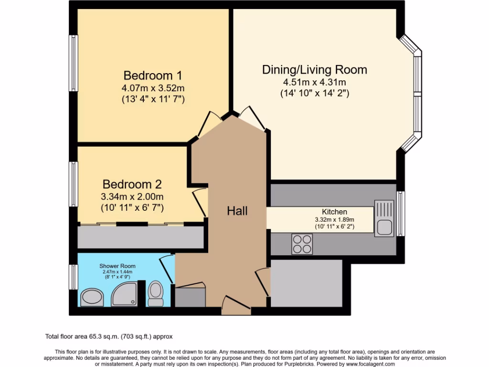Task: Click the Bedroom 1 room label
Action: pyautogui.click(x=153, y=76)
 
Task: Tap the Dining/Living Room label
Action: pyautogui.click(x=314, y=70)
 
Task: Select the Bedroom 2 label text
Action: pyautogui.click(x=132, y=184)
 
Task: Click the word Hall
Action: pyautogui.click(x=237, y=211)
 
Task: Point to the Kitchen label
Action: pyautogui.click(x=334, y=212)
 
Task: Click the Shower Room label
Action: pyautogui.click(x=117, y=266)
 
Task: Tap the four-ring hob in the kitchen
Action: pyautogui.click(x=302, y=244)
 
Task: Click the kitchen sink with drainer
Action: pyautogui.click(x=384, y=218)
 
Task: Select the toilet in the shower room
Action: pyautogui.click(x=155, y=293)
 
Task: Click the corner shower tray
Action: pyautogui.click(x=124, y=294)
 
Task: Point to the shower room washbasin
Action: pyautogui.click(x=92, y=297)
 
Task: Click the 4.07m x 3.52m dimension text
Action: pyautogui.click(x=153, y=88)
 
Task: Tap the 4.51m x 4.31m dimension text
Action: pyautogui.click(x=314, y=82)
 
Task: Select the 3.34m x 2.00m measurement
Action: pyautogui.click(x=132, y=196)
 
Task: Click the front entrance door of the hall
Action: pyautogui.click(x=236, y=306)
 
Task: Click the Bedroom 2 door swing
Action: pyautogui.click(x=200, y=202)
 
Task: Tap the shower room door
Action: pyautogui.click(x=167, y=269)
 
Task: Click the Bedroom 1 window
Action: pyautogui.click(x=73, y=63)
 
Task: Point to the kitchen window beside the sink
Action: pyautogui.click(x=401, y=214)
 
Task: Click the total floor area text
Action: pyautogui.click(x=109, y=336)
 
